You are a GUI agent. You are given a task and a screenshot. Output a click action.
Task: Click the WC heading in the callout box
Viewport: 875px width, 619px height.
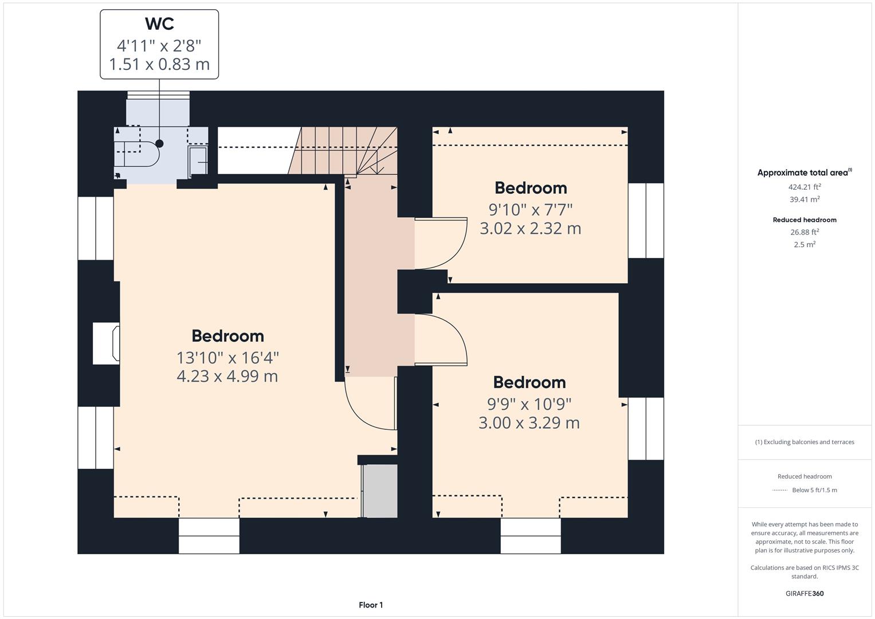[x=159, y=24]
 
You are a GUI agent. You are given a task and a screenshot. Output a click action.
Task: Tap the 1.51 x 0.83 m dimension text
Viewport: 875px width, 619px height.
[x=159, y=64]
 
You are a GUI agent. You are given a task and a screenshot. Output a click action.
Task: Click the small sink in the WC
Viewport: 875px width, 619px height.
[x=198, y=160]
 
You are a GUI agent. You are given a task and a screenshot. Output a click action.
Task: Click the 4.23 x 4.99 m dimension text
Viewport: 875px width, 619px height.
[x=227, y=377]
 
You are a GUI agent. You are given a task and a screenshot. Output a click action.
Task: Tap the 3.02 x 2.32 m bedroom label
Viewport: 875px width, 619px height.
[x=530, y=229]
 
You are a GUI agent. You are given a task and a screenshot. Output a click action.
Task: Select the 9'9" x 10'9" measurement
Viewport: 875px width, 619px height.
[x=529, y=404]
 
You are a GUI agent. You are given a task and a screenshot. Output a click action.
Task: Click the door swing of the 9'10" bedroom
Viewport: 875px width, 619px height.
[x=441, y=244]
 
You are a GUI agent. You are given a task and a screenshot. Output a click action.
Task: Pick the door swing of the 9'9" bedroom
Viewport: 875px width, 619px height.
[x=441, y=339]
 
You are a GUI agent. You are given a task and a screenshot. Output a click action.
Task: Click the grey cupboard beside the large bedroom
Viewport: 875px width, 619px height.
[x=380, y=491]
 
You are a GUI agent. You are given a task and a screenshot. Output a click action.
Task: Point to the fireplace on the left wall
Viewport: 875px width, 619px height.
[x=107, y=343]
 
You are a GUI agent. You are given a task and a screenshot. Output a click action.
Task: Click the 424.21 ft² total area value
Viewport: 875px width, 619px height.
[x=804, y=187]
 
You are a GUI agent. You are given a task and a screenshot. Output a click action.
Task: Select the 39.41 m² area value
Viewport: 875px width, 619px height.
[x=804, y=199]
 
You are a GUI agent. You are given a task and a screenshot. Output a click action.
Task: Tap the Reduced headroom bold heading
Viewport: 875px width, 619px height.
[x=804, y=220]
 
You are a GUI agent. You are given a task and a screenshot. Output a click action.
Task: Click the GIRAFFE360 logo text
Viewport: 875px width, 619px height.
[x=804, y=593]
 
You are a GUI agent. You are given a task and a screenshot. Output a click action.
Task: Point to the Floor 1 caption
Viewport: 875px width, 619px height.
[x=371, y=605]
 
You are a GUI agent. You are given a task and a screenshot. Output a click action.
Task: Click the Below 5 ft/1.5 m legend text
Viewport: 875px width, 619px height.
[x=814, y=490]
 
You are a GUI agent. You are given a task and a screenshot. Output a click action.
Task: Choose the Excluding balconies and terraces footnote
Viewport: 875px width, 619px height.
[x=804, y=442]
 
